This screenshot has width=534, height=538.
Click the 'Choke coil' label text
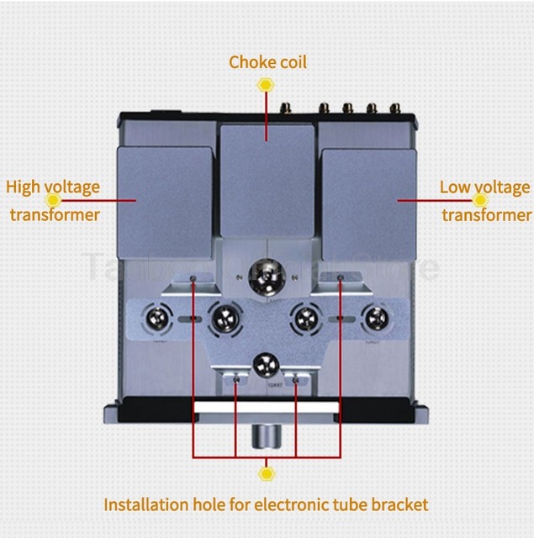[x=267, y=62]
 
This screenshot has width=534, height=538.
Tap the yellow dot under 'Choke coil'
[x=267, y=85]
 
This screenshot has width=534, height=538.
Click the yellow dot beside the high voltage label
[x=54, y=200]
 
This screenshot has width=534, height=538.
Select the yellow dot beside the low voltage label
[x=480, y=200]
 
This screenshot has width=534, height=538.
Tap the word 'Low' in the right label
[x=454, y=187]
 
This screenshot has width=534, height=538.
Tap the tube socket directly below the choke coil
[x=268, y=274]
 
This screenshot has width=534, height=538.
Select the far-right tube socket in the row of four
[x=373, y=319]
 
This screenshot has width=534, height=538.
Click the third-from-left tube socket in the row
[x=306, y=319]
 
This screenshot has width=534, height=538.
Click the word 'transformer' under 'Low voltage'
[x=486, y=215]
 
